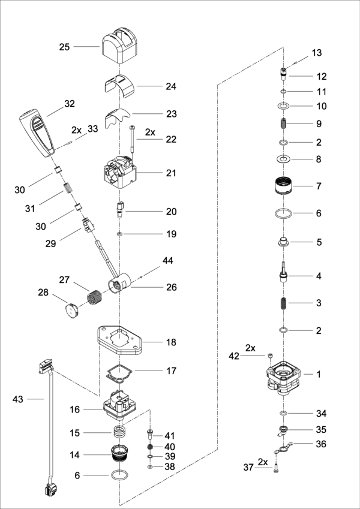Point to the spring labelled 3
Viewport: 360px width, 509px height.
point(283,303)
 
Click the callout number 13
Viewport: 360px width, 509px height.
point(316,53)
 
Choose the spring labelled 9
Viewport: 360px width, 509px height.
point(283,124)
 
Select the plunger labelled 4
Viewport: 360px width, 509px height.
point(283,278)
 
